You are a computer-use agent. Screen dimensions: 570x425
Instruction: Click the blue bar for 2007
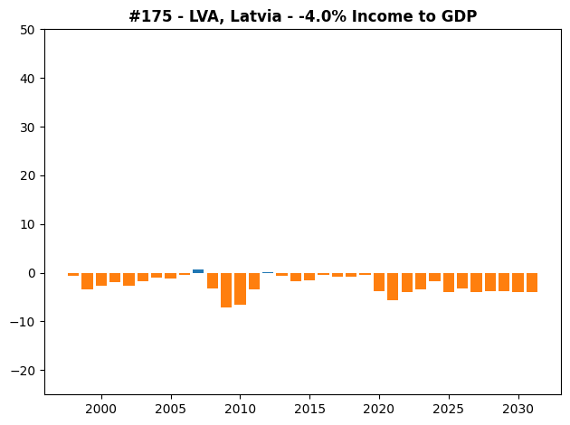(198, 271)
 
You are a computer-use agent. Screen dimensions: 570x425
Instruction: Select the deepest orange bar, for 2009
(226, 290)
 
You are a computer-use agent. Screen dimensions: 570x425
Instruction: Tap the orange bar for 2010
(240, 288)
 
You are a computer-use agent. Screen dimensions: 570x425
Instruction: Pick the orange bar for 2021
(393, 287)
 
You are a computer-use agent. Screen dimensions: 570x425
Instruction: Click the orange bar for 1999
(87, 281)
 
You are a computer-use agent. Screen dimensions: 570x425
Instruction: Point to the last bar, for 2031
(532, 283)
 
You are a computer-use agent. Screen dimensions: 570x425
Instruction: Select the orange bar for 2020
(379, 282)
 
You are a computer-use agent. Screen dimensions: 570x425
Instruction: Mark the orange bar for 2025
(449, 283)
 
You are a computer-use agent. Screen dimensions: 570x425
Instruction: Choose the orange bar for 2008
(213, 281)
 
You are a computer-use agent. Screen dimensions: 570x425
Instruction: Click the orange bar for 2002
(128, 279)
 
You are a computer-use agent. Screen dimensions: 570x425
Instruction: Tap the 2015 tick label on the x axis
(309, 410)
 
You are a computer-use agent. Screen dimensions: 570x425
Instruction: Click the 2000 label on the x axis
(101, 410)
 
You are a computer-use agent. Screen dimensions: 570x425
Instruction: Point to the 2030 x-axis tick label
(518, 410)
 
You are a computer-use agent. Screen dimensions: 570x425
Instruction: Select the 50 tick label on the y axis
(28, 30)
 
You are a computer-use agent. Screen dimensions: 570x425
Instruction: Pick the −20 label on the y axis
(23, 371)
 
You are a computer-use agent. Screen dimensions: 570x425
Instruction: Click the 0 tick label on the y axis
(32, 273)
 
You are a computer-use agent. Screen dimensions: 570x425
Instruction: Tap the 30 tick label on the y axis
(28, 127)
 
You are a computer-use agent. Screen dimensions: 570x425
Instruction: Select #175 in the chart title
(150, 16)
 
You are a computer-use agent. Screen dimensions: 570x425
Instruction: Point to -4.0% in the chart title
(322, 16)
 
